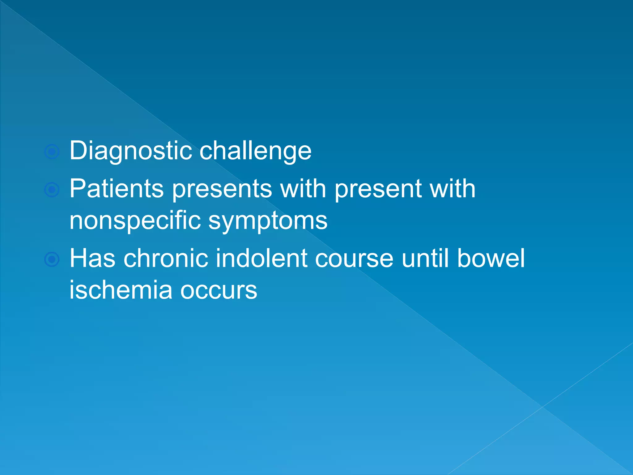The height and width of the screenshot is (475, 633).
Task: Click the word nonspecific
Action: click(x=135, y=220)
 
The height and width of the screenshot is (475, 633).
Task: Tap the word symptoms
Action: click(x=268, y=220)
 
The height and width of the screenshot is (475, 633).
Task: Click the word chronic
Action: click(x=166, y=258)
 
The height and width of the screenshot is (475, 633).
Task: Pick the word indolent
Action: click(x=261, y=258)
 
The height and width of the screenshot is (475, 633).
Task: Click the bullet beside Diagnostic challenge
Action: click(x=52, y=152)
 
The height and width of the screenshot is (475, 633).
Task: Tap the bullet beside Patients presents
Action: click(x=52, y=190)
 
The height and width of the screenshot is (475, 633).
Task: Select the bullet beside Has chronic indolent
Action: click(x=52, y=259)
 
